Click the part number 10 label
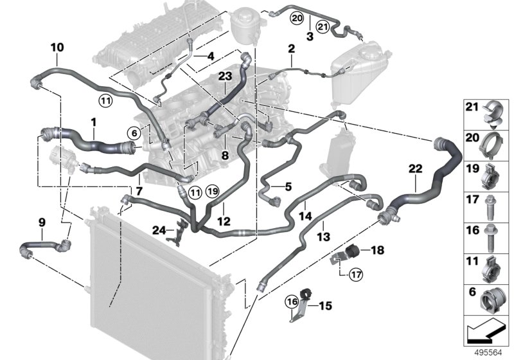(57, 47)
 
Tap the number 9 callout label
(42, 222)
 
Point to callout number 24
(159, 228)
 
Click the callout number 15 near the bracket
(325, 306)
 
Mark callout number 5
(287, 186)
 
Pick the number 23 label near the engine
(224, 76)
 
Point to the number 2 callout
(291, 49)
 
